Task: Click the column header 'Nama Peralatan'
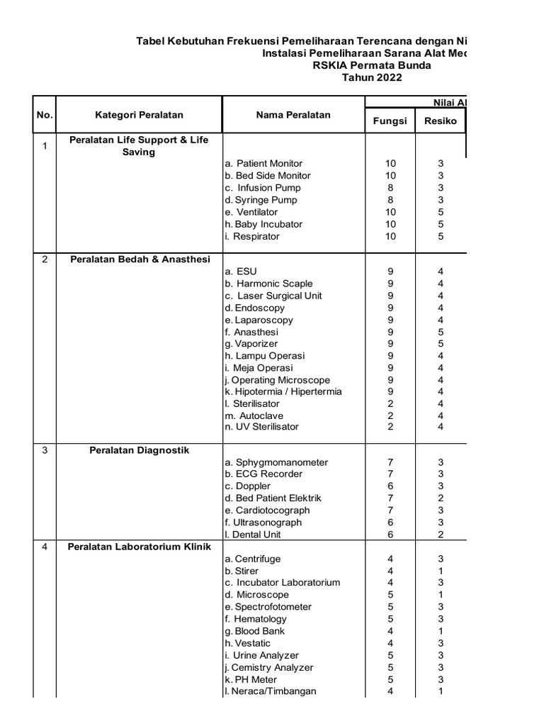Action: coord(293,115)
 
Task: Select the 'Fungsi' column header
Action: coord(390,121)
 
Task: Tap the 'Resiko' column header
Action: coord(441,121)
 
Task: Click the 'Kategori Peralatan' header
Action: coord(139,115)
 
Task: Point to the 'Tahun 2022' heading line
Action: coord(372,78)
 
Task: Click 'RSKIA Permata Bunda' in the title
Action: coord(372,66)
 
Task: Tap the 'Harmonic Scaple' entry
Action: coord(268,284)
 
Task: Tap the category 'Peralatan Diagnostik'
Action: coord(139,450)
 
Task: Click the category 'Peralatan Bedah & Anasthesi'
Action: coord(140,259)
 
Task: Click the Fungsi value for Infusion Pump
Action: coord(390,188)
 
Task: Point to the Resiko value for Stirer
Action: coord(441,571)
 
